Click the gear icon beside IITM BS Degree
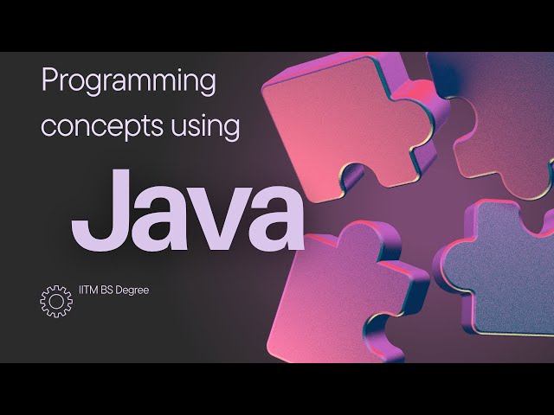click(x=55, y=300)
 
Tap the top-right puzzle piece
click(x=498, y=130)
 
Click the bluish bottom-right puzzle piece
click(x=502, y=268)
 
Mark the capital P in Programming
click(x=49, y=82)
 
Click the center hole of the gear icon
click(x=55, y=300)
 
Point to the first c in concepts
click(x=48, y=128)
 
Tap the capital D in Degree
click(x=123, y=290)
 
